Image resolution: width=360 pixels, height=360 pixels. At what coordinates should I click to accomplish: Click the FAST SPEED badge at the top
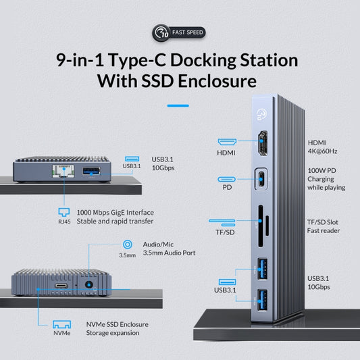click(179, 32)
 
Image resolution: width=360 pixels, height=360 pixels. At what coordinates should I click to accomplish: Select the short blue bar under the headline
click(178, 105)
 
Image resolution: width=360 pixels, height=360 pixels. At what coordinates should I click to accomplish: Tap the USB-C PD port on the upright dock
click(261, 181)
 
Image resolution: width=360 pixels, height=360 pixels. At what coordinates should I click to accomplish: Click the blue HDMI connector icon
click(227, 143)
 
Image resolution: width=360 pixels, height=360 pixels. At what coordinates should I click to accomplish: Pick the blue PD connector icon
click(227, 180)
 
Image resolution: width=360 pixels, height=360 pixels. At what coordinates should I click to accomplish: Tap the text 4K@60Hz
click(323, 151)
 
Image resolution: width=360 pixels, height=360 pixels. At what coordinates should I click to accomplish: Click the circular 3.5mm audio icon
click(125, 245)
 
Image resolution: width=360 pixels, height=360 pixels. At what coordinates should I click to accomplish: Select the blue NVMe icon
click(61, 325)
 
